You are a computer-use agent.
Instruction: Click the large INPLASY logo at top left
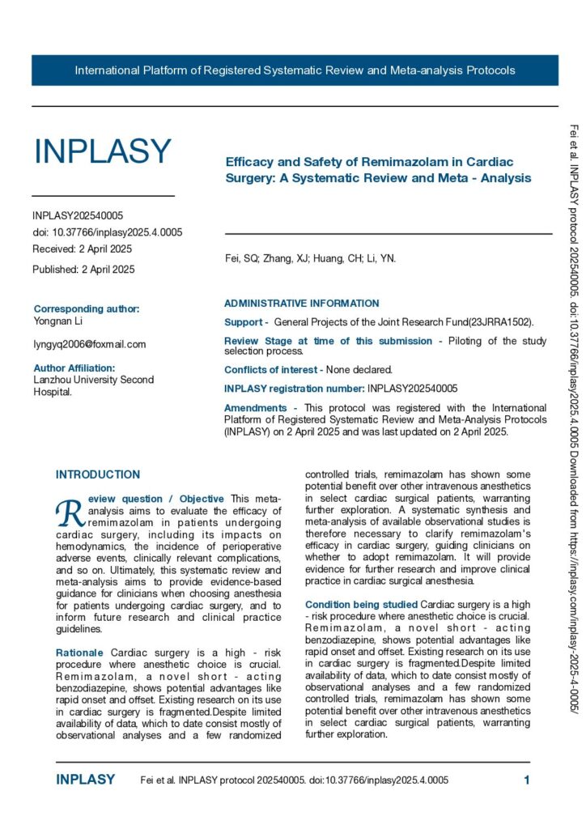[102, 151]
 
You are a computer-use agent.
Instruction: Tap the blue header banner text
[295, 70]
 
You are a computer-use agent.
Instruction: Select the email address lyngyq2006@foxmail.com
[89, 344]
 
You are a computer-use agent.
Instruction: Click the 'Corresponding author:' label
[87, 308]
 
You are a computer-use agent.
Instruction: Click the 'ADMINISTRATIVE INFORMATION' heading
[301, 304]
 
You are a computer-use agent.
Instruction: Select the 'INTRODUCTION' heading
[97, 474]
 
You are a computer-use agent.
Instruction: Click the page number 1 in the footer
[527, 780]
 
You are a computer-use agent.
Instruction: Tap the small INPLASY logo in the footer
[85, 780]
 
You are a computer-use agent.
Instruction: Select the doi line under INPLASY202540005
[107, 232]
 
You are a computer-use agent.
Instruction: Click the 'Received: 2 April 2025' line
[82, 249]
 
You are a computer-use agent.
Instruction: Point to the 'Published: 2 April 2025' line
[83, 269]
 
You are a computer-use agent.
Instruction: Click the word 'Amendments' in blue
[255, 407]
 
